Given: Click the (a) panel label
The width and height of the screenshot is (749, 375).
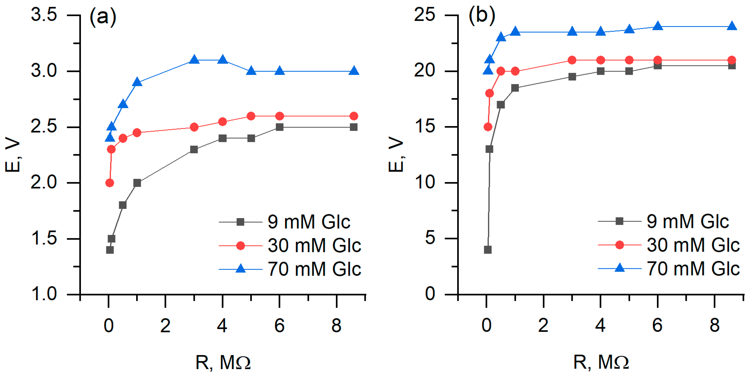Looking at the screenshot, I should point(103,17).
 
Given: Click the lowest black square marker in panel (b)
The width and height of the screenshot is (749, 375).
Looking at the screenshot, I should point(488,250).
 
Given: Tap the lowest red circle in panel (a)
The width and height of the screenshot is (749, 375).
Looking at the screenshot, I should point(110,183).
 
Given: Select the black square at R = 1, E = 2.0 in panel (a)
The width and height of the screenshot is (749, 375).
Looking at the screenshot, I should point(137,183).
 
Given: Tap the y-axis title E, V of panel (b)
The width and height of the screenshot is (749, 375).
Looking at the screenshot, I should point(396,155).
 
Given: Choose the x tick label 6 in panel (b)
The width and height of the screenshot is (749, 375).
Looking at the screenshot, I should point(657,326).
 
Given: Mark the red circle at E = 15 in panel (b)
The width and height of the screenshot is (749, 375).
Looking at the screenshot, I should point(488,127).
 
